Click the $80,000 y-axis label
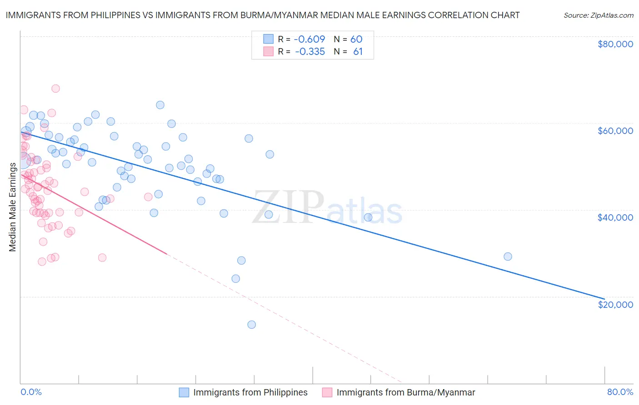615,44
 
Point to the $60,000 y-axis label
615,131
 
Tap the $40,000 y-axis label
615,217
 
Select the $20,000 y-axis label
615,304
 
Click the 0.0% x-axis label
31,392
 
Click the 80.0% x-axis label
620,392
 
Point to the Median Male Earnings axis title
13,207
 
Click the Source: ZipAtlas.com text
598,15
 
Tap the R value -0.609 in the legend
310,39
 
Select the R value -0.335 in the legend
310,52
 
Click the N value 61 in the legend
358,52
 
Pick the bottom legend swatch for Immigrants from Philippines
184,392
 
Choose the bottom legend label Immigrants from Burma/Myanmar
405,392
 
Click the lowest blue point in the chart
251,325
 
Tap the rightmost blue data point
508,257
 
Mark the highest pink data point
55,89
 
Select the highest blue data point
160,105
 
